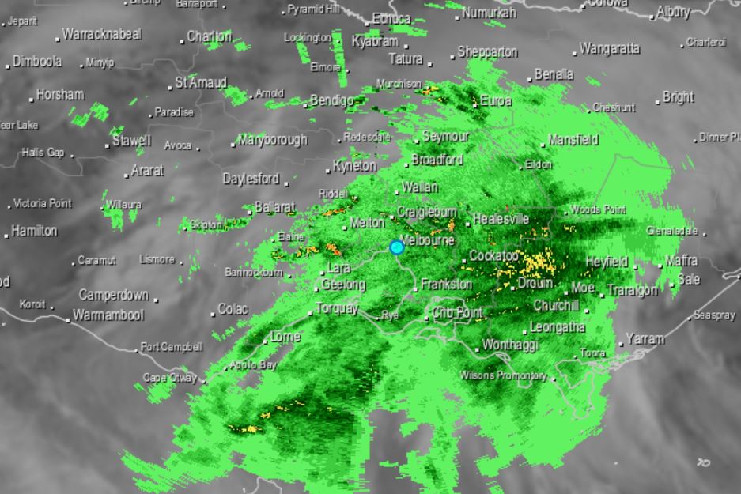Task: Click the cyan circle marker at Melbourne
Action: click(x=397, y=247)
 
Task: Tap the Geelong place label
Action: click(x=344, y=285)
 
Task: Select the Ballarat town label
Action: click(x=274, y=208)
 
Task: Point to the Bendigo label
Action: click(x=332, y=100)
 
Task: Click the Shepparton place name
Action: click(x=488, y=52)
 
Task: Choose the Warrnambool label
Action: click(x=108, y=315)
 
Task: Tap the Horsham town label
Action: click(x=60, y=95)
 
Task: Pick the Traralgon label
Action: click(x=632, y=290)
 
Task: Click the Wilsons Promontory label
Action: click(x=503, y=375)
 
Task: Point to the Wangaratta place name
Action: click(x=610, y=48)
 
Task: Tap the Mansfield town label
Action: click(x=573, y=140)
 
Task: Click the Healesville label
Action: click(x=501, y=219)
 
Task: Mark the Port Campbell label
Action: click(x=172, y=347)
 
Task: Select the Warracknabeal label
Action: click(x=101, y=34)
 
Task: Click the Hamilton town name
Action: click(x=34, y=231)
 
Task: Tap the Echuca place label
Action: click(x=391, y=18)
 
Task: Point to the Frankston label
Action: click(x=447, y=284)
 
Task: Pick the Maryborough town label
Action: click(x=273, y=140)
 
